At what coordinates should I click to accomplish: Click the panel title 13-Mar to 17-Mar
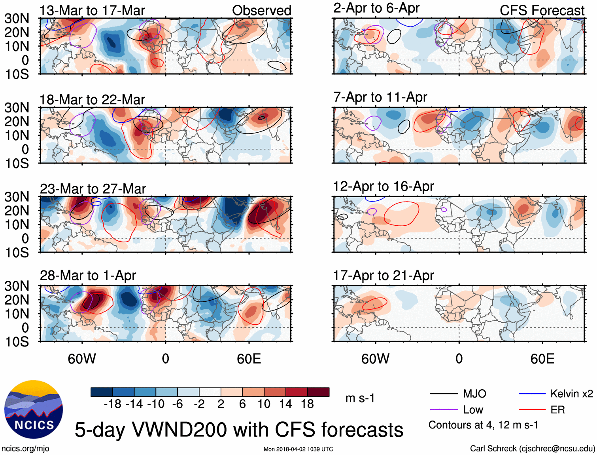[x=92, y=11]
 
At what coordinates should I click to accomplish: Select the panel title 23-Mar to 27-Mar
[x=93, y=189]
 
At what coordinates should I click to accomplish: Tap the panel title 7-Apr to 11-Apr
[x=380, y=97]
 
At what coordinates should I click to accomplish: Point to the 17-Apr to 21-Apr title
[x=383, y=276]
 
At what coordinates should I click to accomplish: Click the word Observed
[x=261, y=11]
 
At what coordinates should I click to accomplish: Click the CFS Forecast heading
[x=542, y=11]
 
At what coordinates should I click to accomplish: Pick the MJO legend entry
[x=474, y=394]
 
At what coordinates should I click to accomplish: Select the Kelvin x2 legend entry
[x=571, y=394]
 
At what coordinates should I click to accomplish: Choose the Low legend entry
[x=473, y=410]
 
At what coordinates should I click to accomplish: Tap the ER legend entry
[x=557, y=410]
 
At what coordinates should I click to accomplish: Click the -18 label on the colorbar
[x=112, y=404]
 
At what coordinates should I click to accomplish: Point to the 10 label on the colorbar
[x=264, y=404]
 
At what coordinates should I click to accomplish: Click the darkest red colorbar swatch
[x=318, y=392]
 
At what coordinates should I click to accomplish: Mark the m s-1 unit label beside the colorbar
[x=360, y=398]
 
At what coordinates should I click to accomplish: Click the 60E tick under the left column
[x=249, y=359]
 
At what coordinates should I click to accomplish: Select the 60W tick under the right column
[x=375, y=359]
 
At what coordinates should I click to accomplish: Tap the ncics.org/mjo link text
[x=25, y=449]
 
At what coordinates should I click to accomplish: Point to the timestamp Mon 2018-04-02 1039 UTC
[x=298, y=449]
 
